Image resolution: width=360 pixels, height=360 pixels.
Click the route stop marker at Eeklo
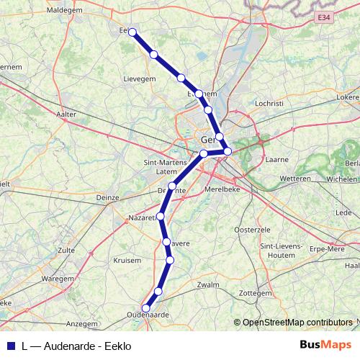(132, 31)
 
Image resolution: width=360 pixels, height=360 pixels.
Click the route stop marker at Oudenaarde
(146, 308)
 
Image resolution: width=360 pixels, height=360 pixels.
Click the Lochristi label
(269, 104)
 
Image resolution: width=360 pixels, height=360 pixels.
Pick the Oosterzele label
(251, 230)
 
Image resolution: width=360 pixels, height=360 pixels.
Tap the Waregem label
(52, 277)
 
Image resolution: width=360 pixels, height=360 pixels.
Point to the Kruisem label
(127, 260)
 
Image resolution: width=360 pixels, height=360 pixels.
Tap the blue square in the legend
(10, 345)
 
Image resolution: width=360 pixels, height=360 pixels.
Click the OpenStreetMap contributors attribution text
(297, 322)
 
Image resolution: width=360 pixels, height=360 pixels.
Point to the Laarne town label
(277, 159)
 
